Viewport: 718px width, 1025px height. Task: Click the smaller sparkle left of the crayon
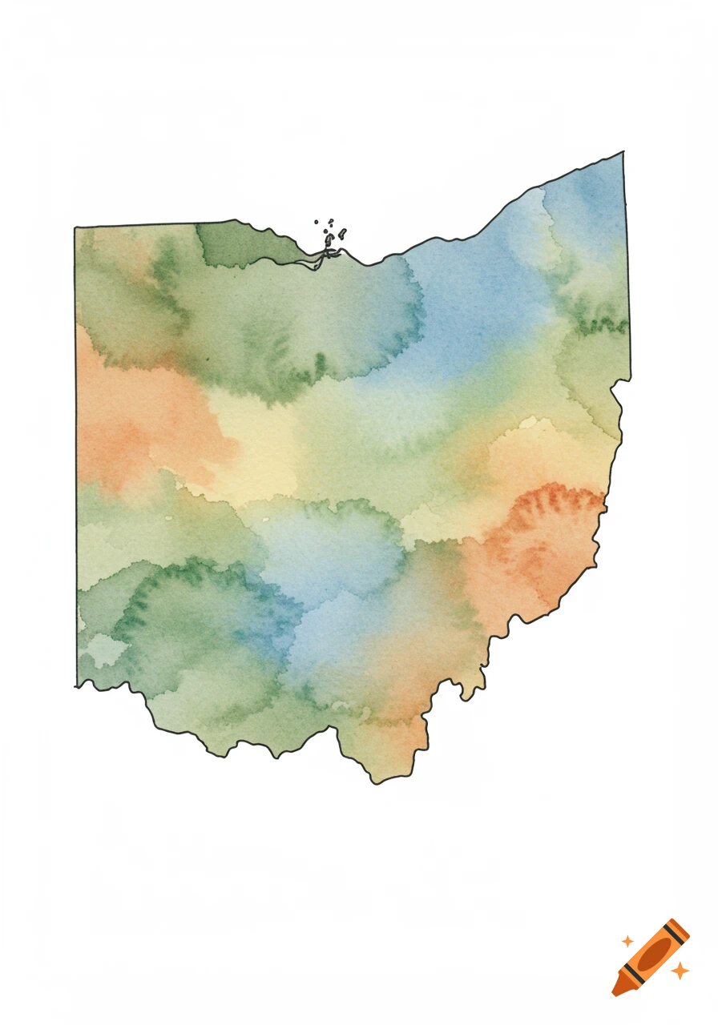pos(627,941)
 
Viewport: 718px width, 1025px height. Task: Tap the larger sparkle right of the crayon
pos(680,971)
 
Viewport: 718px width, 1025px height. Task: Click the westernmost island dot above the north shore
pos(317,222)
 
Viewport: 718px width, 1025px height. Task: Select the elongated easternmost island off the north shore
pos(342,234)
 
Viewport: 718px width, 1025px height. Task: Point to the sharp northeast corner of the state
pos(623,152)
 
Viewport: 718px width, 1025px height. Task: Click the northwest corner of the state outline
pos(75,228)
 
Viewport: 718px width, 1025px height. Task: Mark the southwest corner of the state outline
pos(76,685)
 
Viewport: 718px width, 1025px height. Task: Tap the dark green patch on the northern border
pos(236,244)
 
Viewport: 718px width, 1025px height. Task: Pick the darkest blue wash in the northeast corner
pos(597,192)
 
